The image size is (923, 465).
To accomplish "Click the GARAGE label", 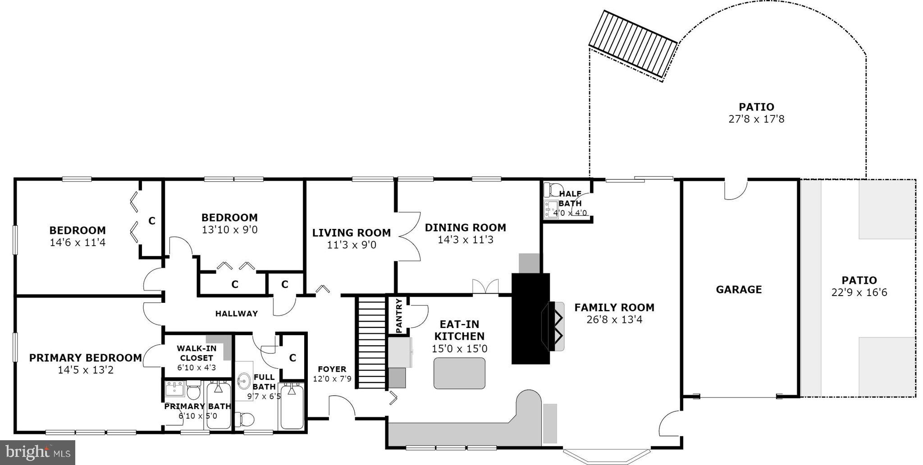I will point(739,290).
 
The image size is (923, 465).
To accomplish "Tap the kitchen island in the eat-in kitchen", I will point(459,373).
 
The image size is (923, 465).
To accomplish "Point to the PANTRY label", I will point(398,316).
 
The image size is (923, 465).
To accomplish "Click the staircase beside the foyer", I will point(372,342).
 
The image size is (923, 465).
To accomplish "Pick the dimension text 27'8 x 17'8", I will point(756,119).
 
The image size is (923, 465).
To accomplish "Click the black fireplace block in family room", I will point(530,319).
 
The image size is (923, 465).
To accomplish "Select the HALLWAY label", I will point(236,314).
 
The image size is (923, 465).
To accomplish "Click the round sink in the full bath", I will point(244,381).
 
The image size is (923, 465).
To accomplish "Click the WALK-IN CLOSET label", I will point(196,353).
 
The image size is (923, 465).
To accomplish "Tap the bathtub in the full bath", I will point(292,406).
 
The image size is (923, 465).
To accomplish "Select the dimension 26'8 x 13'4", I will point(614,320).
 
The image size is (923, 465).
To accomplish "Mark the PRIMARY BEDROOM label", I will point(86,358).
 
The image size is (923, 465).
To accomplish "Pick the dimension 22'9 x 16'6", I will point(859,293).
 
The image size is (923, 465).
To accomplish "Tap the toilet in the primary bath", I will point(194,391).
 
